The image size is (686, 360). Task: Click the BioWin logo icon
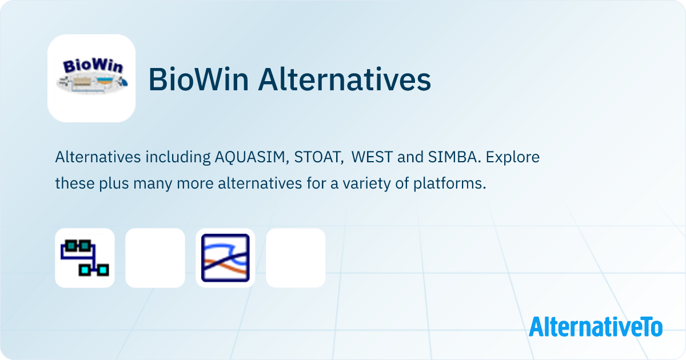tap(91, 78)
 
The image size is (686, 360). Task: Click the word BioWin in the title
tap(198, 79)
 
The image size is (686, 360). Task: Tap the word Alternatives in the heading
tap(345, 79)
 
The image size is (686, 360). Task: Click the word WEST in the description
tap(372, 157)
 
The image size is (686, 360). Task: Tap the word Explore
tap(513, 158)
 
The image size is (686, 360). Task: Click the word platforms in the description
tap(449, 184)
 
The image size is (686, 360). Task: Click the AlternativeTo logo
tap(596, 327)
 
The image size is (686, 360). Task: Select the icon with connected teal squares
tap(85, 258)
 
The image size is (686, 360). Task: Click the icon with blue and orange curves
tap(225, 258)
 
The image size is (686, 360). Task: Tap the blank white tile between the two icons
tap(155, 258)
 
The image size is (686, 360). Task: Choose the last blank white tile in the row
tap(296, 258)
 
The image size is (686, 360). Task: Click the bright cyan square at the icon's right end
tap(103, 270)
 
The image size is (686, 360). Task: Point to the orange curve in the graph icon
tap(226, 266)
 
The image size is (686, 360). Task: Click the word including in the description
tap(178, 158)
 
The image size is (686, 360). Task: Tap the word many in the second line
tap(153, 184)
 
